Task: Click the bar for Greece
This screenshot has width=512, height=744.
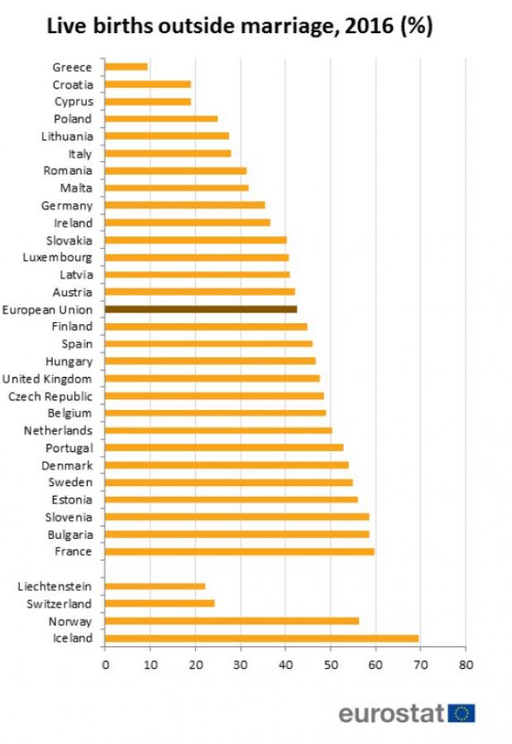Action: coord(127,67)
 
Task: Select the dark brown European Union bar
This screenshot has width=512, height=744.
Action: coord(201,309)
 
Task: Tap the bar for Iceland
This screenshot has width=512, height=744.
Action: coord(261,638)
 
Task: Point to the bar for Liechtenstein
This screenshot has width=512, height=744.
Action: coord(155,586)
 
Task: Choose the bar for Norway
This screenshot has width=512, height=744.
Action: coord(232,621)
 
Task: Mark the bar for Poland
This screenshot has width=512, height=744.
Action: coord(161,119)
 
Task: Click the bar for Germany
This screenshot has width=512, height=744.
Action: coord(185,205)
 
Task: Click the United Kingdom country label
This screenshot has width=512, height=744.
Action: coord(47,379)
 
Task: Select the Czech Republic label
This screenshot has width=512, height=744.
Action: coord(50,396)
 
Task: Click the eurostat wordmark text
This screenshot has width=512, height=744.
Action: coord(392,713)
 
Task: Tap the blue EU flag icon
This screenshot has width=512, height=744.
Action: coord(462,713)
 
